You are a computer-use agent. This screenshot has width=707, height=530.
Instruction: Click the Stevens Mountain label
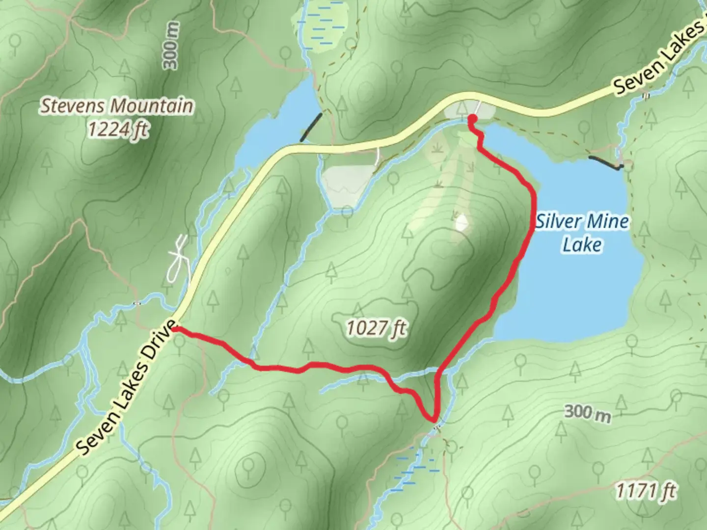[117, 106]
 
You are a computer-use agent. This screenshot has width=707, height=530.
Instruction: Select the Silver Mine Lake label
[582, 233]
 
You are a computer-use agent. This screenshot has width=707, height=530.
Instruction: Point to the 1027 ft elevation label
[377, 328]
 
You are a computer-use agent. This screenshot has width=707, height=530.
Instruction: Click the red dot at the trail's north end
[472, 118]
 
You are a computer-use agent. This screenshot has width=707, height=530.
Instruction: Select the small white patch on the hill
[462, 223]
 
